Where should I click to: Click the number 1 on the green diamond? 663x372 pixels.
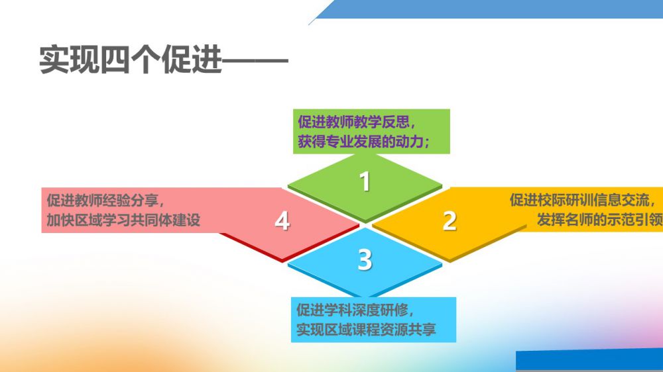pyautogui.click(x=365, y=181)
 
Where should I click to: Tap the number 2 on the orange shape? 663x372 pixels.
pyautogui.click(x=450, y=221)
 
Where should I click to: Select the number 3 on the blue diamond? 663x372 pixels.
pyautogui.click(x=365, y=259)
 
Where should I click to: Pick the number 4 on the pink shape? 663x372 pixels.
pyautogui.click(x=282, y=220)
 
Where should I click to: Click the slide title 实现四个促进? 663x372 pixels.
pyautogui.click(x=131, y=60)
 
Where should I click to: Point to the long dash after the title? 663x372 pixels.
pyautogui.click(x=255, y=60)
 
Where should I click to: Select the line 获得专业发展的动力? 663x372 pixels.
pyautogui.click(x=363, y=142)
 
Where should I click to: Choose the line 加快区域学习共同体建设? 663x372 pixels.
pyautogui.click(x=123, y=220)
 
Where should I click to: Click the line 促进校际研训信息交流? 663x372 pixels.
pyautogui.click(x=582, y=200)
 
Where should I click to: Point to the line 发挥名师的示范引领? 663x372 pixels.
pyautogui.click(x=599, y=220)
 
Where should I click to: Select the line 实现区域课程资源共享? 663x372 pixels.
pyautogui.click(x=366, y=330)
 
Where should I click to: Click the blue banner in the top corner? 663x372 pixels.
pyautogui.click(x=486, y=9)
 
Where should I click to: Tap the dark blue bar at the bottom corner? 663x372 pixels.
pyautogui.click(x=589, y=360)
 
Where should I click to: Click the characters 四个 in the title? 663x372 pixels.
pyautogui.click(x=131, y=60)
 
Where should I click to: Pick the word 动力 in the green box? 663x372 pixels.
pyautogui.click(x=410, y=142)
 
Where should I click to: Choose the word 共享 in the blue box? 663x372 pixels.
pyautogui.click(x=422, y=330)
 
